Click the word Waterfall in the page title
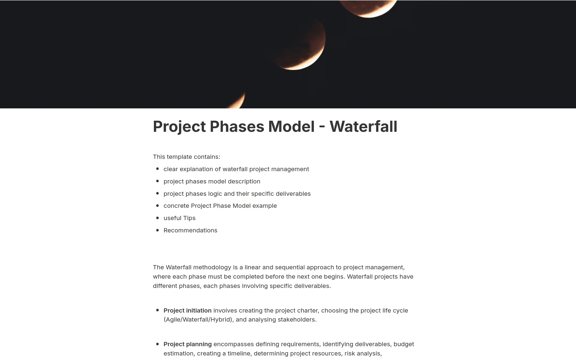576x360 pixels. tap(363, 126)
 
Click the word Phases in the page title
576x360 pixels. tap(237, 126)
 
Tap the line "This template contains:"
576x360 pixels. tap(186, 157)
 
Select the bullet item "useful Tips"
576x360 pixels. tap(179, 218)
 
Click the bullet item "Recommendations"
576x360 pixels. tap(190, 230)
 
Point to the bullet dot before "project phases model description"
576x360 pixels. tap(157, 181)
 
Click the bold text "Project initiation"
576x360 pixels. tap(187, 310)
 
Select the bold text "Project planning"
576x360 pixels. tap(187, 344)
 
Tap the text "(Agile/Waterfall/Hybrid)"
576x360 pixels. tap(198, 319)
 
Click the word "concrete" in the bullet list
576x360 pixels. tap(176, 206)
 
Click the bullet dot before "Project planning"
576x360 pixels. tap(157, 344)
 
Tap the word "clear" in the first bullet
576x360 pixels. tap(171, 169)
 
